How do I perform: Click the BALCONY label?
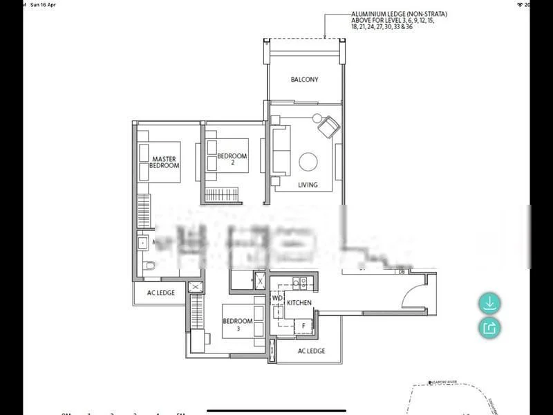coord(304,80)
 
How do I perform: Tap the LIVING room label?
coord(308,185)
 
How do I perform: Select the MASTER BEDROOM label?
coord(165,162)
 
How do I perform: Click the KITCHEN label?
coord(299,303)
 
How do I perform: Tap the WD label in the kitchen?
coord(277,298)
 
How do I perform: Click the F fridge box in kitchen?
coord(303,325)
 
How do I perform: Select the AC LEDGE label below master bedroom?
coord(161,293)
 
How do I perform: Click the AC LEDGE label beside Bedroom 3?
coord(311,351)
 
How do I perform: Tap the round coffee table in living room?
coord(308,163)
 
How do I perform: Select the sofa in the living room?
coord(281,152)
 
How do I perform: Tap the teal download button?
coord(489,303)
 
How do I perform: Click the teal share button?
coord(489,327)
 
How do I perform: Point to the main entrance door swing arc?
coord(414,291)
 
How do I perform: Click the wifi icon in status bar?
coord(519,4)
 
